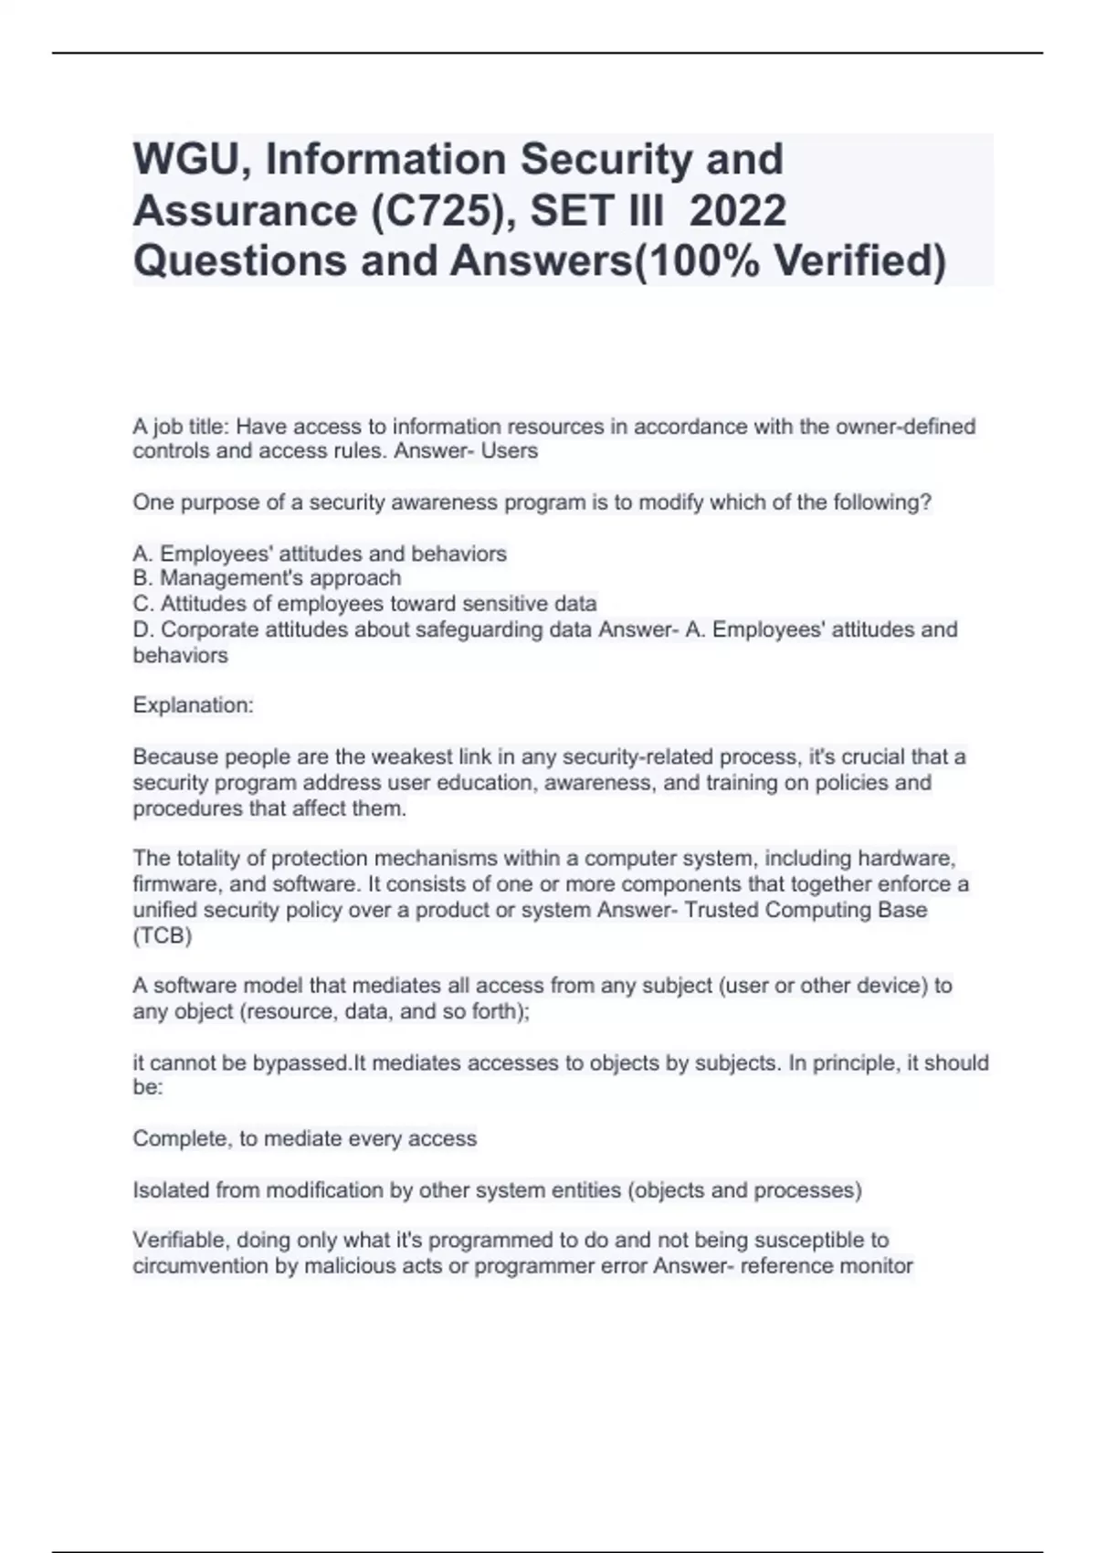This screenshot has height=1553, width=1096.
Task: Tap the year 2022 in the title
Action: (x=737, y=211)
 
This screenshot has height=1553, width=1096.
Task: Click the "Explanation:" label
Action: (x=193, y=705)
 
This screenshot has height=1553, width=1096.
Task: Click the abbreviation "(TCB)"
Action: (x=163, y=936)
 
